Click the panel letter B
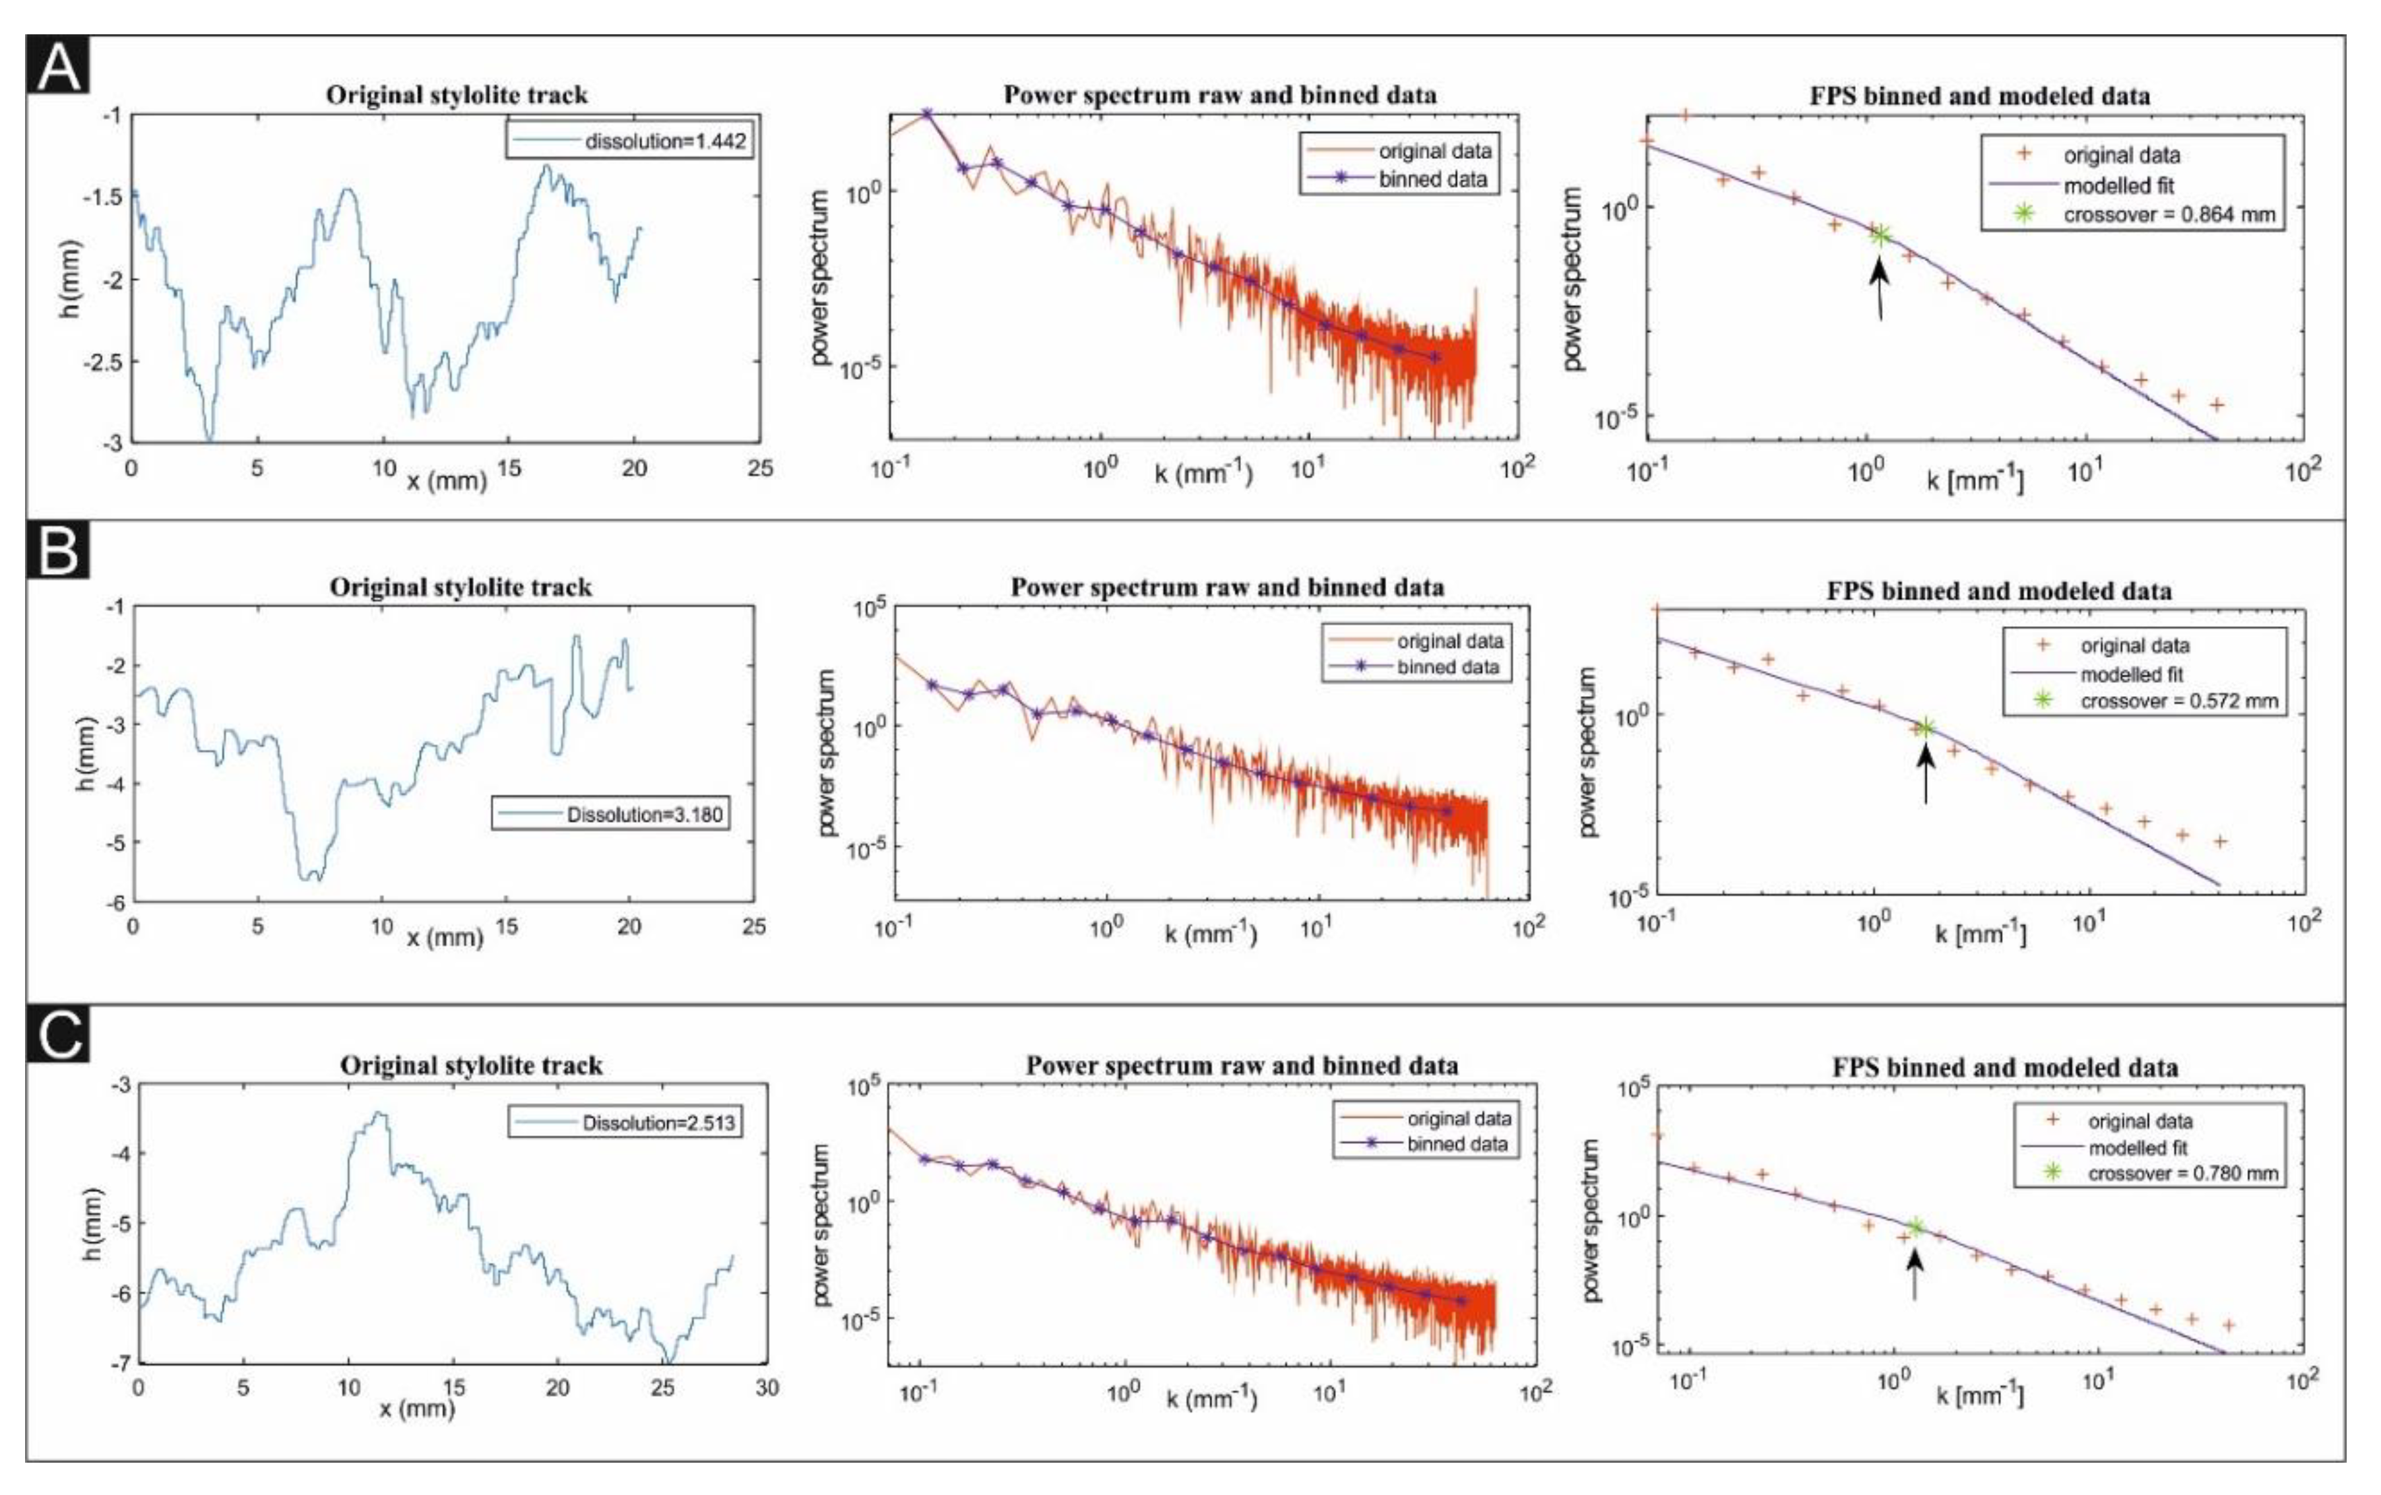tap(57, 551)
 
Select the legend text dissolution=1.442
tap(664, 141)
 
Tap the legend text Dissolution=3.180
tap(644, 815)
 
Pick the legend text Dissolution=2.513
tap(658, 1122)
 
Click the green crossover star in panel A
tap(1880, 234)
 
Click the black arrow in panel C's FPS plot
tap(1915, 1275)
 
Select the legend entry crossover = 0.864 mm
tap(2169, 214)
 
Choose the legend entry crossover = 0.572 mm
tap(2178, 701)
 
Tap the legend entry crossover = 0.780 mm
tap(2182, 1174)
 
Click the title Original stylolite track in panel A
tap(457, 95)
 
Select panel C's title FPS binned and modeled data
tap(2004, 1068)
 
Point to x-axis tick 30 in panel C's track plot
tap(767, 1387)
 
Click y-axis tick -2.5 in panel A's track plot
tap(103, 362)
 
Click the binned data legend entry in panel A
tap(1432, 179)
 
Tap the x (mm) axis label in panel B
tap(445, 936)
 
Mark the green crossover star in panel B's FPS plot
tap(1924, 729)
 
